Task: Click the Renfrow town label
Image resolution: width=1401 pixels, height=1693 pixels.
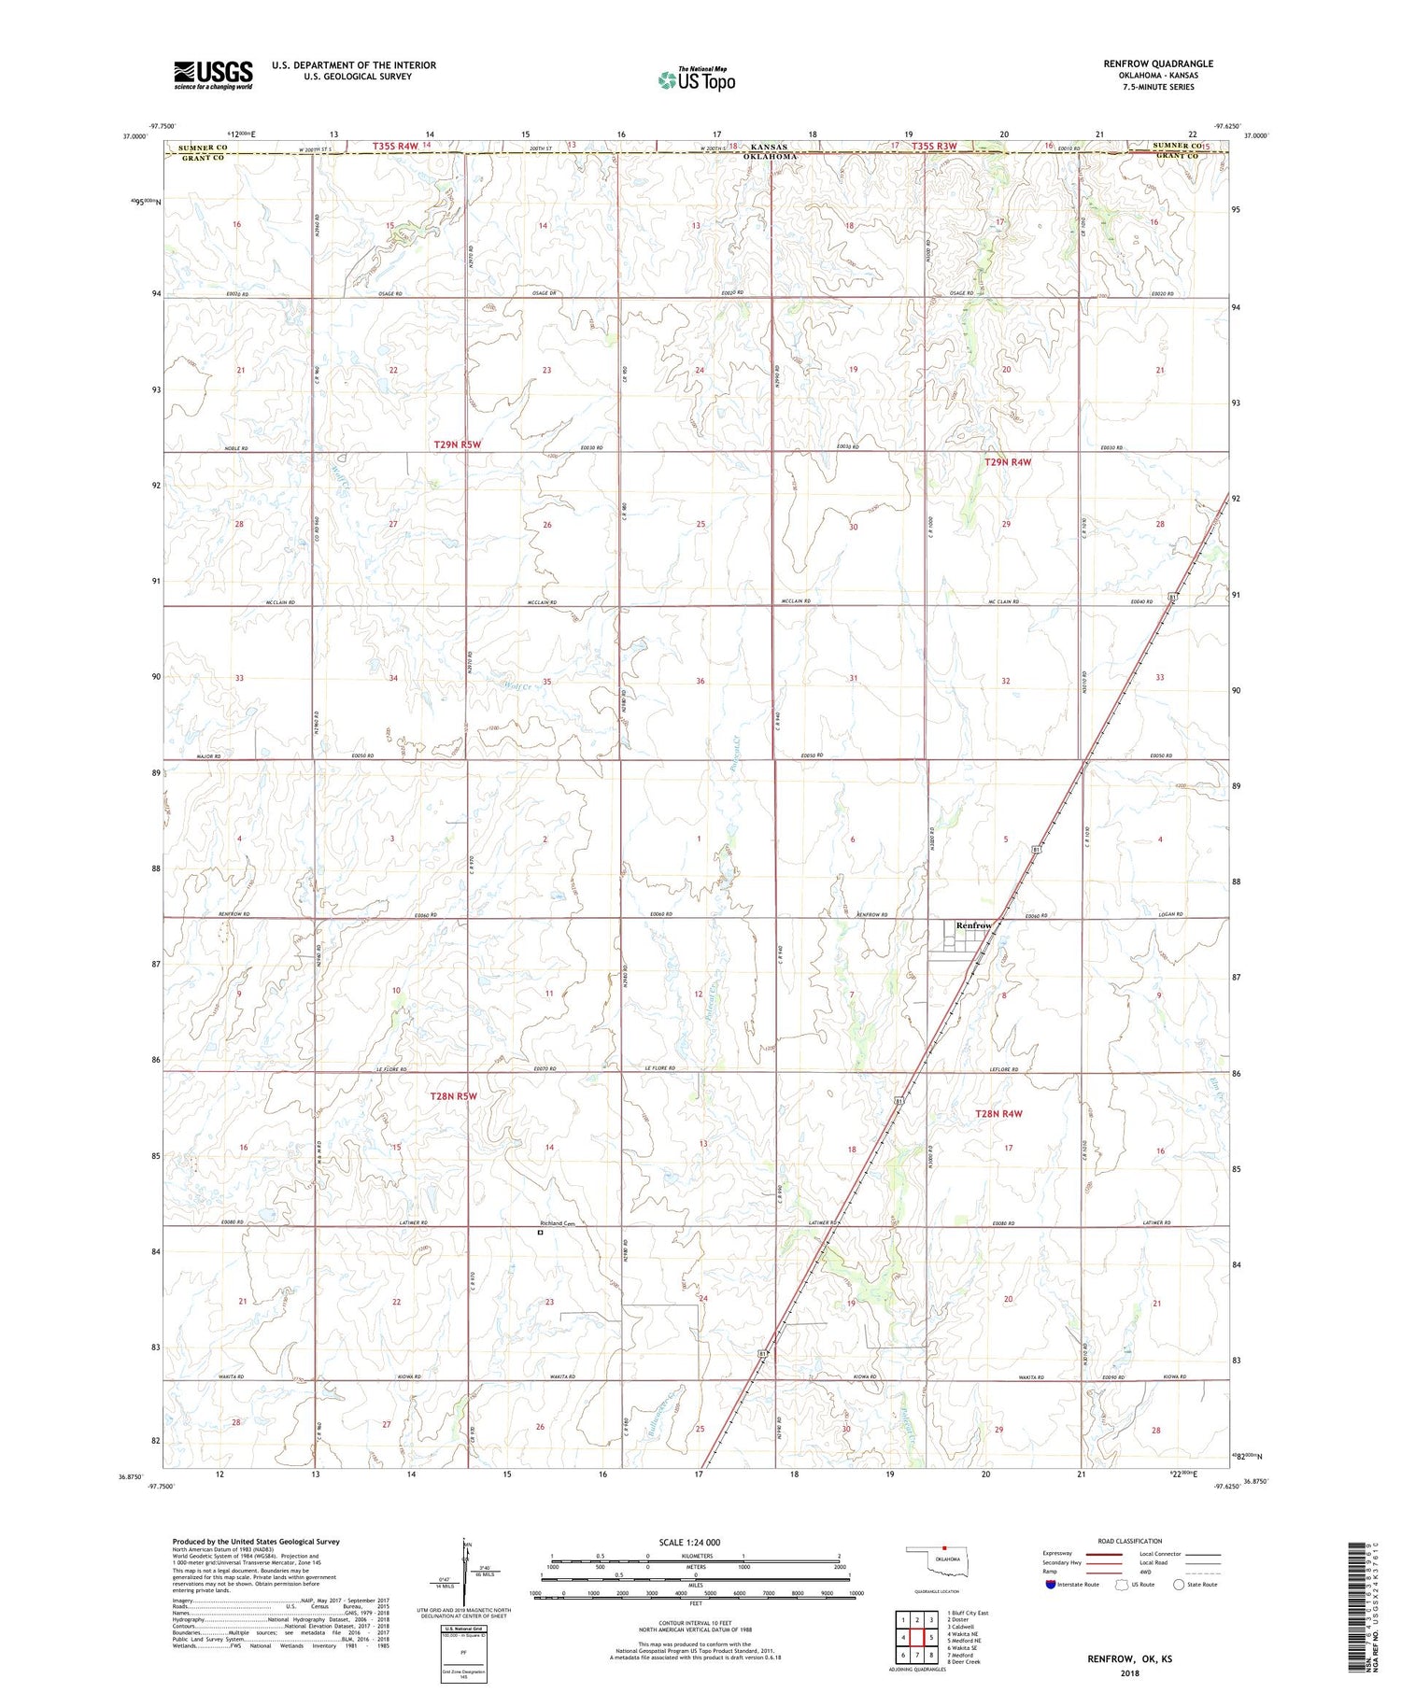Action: pyautogui.click(x=973, y=925)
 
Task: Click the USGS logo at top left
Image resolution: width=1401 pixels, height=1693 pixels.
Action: pyautogui.click(x=213, y=75)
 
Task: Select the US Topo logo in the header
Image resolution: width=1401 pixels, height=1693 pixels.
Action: pyautogui.click(x=697, y=79)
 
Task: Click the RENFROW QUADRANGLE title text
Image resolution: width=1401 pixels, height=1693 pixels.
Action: pyautogui.click(x=1158, y=63)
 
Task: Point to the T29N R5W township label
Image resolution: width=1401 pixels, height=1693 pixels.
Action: pyautogui.click(x=458, y=444)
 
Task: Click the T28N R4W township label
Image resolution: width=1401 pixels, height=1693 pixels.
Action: pyautogui.click(x=999, y=1113)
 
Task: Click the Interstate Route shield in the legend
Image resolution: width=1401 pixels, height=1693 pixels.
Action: pyautogui.click(x=1052, y=1585)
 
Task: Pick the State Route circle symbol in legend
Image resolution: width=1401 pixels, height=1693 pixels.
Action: pyautogui.click(x=1180, y=1585)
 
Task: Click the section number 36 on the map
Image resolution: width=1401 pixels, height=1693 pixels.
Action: pyautogui.click(x=700, y=681)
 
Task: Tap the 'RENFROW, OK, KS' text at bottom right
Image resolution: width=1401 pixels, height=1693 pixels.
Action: pyautogui.click(x=1128, y=1659)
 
